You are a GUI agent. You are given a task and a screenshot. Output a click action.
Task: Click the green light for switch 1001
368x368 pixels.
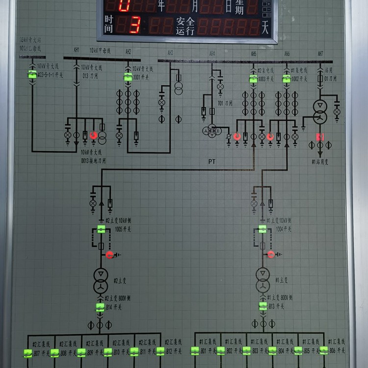click(x=128, y=77)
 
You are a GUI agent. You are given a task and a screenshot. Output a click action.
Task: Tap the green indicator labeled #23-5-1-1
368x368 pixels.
click(x=32, y=75)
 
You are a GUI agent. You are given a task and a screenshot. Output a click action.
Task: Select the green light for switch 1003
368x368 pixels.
click(x=253, y=79)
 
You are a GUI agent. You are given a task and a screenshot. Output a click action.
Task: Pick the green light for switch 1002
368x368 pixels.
click(x=287, y=79)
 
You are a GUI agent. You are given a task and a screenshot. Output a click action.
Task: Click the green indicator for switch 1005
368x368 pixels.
click(x=101, y=229)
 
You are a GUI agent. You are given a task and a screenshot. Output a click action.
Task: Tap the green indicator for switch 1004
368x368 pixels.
click(x=263, y=229)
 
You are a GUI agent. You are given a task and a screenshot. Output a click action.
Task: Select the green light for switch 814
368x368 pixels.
click(x=100, y=308)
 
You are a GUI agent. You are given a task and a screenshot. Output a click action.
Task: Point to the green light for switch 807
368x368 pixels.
click(x=28, y=352)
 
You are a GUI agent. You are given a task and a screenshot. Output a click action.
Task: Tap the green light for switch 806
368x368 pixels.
click(x=324, y=350)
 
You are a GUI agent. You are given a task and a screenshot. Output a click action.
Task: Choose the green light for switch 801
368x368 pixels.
click(x=195, y=350)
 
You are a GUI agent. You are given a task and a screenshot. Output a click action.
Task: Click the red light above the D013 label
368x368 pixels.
click(x=93, y=135)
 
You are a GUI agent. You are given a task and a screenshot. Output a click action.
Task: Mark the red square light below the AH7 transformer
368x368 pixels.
click(x=320, y=137)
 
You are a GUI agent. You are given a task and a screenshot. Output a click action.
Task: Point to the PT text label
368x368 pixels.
click(x=212, y=161)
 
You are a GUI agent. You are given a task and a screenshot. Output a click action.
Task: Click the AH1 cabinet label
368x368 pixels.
click(x=77, y=51)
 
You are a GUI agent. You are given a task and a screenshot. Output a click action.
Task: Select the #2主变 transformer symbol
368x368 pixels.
click(x=101, y=280)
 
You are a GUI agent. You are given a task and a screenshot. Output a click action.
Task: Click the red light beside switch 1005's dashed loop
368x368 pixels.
click(x=109, y=255)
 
